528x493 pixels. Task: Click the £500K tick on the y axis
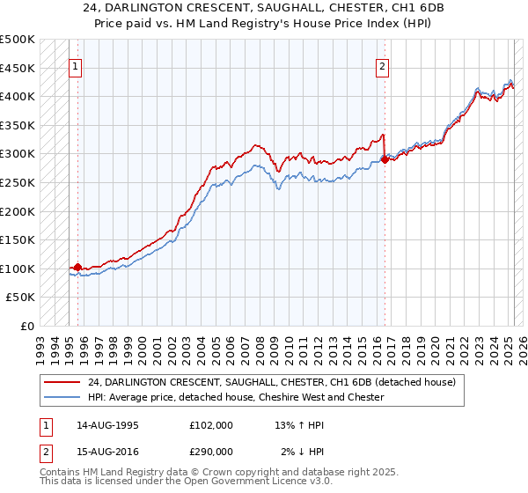[x=18, y=40]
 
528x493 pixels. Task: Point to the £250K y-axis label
[x=18, y=182]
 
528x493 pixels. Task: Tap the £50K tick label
[x=21, y=298]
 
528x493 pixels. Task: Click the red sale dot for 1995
[x=77, y=268]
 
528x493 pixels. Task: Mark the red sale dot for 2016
[x=385, y=159]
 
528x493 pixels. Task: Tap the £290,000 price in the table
[x=210, y=451]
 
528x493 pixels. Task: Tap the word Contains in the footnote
[x=60, y=473]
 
